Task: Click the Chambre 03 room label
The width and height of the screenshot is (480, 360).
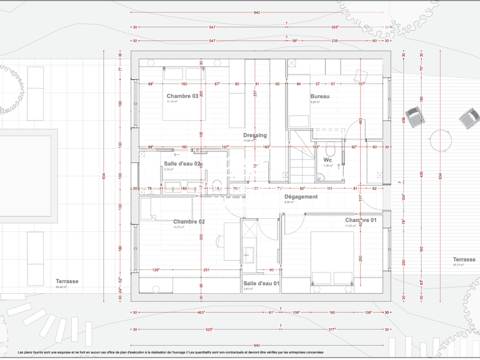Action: [182, 96]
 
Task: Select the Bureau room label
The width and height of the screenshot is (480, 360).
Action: [319, 96]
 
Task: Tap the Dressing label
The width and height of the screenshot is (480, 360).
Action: [255, 135]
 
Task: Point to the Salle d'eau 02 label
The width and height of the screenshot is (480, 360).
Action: [182, 163]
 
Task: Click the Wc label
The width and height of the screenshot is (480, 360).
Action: [327, 160]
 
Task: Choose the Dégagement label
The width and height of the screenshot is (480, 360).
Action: [301, 196]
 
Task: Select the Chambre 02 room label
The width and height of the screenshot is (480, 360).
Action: [189, 222]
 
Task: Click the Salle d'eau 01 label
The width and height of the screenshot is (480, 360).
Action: [261, 283]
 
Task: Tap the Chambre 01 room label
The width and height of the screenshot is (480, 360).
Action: [361, 221]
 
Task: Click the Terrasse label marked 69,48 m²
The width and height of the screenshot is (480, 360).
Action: [67, 281]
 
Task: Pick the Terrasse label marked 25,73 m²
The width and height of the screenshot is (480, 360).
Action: [464, 259]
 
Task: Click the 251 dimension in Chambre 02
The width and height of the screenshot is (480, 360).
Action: [206, 270]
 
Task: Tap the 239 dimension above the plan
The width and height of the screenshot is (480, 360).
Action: [334, 41]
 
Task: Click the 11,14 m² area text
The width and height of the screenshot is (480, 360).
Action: [172, 102]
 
